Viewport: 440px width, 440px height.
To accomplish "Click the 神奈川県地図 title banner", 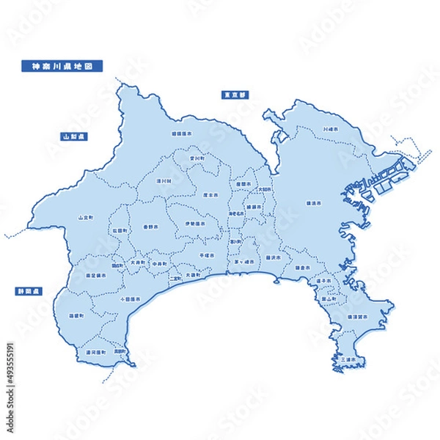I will point(62,66).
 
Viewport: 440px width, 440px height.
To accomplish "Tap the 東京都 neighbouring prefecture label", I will point(235,95).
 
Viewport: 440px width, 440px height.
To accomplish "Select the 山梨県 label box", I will point(75,136).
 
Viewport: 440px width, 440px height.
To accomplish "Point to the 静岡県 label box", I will point(29,291).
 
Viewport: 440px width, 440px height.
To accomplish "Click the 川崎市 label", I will point(332,130).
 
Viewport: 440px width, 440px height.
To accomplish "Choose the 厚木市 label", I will point(210,196).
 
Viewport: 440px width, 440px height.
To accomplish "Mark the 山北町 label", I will point(85,218).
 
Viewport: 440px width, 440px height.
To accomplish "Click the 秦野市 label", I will point(151,227).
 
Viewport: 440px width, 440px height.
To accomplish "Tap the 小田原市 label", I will point(128,299).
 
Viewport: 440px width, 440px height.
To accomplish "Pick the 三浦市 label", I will point(348,359).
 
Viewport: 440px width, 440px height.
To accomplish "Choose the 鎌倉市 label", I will point(302,268).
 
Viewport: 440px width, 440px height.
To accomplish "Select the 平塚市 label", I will point(208,254).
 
